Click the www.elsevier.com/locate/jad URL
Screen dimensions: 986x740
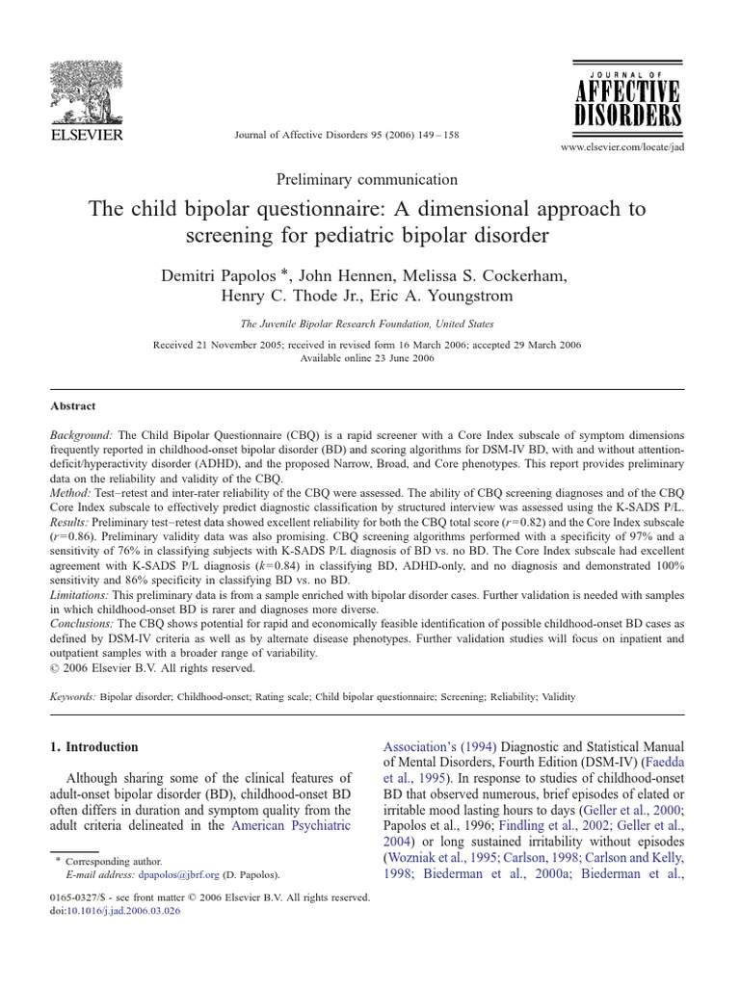(628, 148)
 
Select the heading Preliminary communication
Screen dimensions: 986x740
(367, 179)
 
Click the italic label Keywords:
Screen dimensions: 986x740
(72, 694)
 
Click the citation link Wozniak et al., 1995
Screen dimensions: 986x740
(443, 856)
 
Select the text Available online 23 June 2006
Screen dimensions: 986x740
(367, 358)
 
